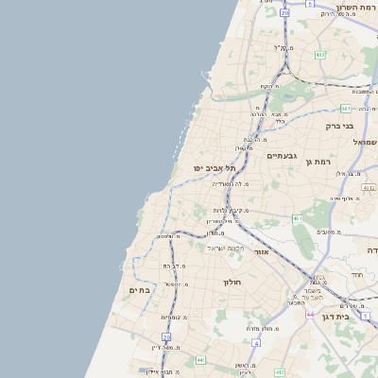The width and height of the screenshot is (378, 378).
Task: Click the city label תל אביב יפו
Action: click(215, 167)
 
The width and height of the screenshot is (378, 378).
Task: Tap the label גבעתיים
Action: click(283, 156)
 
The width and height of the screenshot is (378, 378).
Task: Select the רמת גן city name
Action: click(322, 163)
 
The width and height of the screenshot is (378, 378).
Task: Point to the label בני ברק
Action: click(339, 126)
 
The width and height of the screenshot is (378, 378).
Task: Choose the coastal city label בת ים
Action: click(140, 290)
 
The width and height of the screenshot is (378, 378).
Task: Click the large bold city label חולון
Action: click(232, 283)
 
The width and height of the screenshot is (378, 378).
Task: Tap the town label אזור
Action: click(262, 252)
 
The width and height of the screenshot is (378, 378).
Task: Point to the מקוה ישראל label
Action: click(225, 248)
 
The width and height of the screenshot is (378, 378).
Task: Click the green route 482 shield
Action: click(320, 54)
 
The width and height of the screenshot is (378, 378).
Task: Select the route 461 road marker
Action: click(296, 218)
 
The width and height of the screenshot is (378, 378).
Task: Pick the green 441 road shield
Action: click(199, 360)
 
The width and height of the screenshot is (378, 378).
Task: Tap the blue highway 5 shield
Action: click(309, 5)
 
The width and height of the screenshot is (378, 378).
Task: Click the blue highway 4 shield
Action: click(256, 342)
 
